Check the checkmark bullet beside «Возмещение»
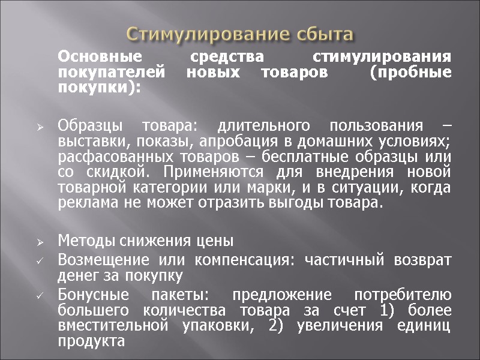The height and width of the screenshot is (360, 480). [39, 262]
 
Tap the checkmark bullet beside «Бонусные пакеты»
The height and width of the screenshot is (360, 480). [39, 296]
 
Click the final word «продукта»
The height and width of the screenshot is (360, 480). [91, 342]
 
